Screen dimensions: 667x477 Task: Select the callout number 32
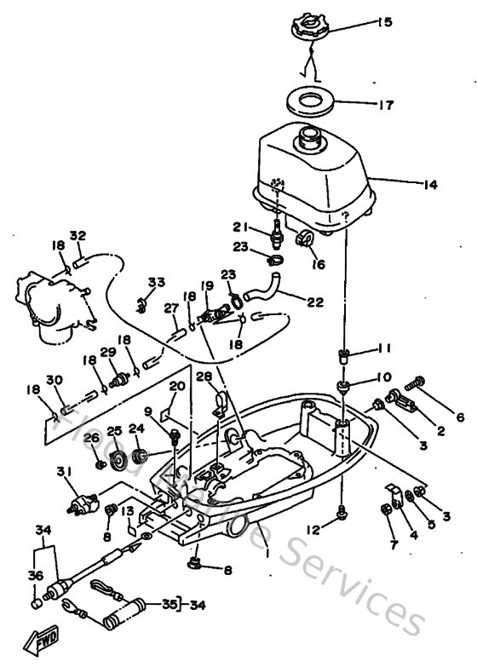point(78,236)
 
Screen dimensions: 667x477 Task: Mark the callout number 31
point(64,472)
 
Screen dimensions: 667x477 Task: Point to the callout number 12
point(315,529)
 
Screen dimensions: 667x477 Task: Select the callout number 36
point(34,575)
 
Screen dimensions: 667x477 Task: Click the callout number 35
point(168,605)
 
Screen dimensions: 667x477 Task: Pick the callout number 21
point(241,226)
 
